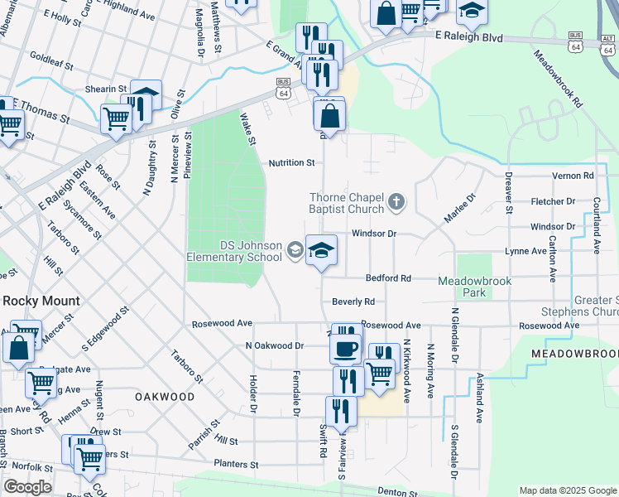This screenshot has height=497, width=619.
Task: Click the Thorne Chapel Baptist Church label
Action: click(347, 205)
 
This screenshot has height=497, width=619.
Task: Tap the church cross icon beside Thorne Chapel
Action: click(397, 200)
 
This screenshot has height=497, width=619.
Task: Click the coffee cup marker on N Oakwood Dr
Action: click(346, 347)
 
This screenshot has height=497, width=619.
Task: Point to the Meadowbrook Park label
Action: click(475, 287)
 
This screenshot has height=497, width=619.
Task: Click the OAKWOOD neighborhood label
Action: click(166, 397)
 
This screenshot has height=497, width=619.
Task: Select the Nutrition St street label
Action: click(291, 163)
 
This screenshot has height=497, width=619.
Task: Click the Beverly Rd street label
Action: click(353, 302)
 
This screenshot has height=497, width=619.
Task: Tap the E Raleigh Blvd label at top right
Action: click(469, 37)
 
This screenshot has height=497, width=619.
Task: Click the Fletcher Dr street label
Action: click(553, 201)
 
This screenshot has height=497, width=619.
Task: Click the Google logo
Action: click(27, 487)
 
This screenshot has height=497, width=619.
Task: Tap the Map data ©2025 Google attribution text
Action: click(567, 490)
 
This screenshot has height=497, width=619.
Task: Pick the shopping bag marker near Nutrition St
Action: click(330, 118)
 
